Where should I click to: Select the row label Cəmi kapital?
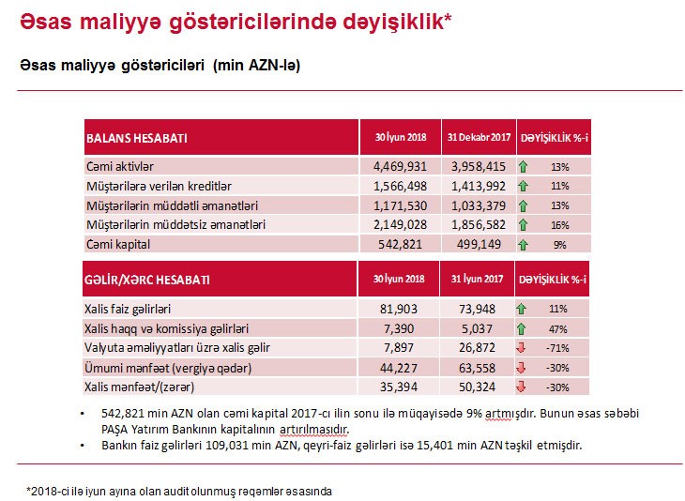click(117, 244)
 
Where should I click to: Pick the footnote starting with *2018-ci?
click(178, 491)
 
